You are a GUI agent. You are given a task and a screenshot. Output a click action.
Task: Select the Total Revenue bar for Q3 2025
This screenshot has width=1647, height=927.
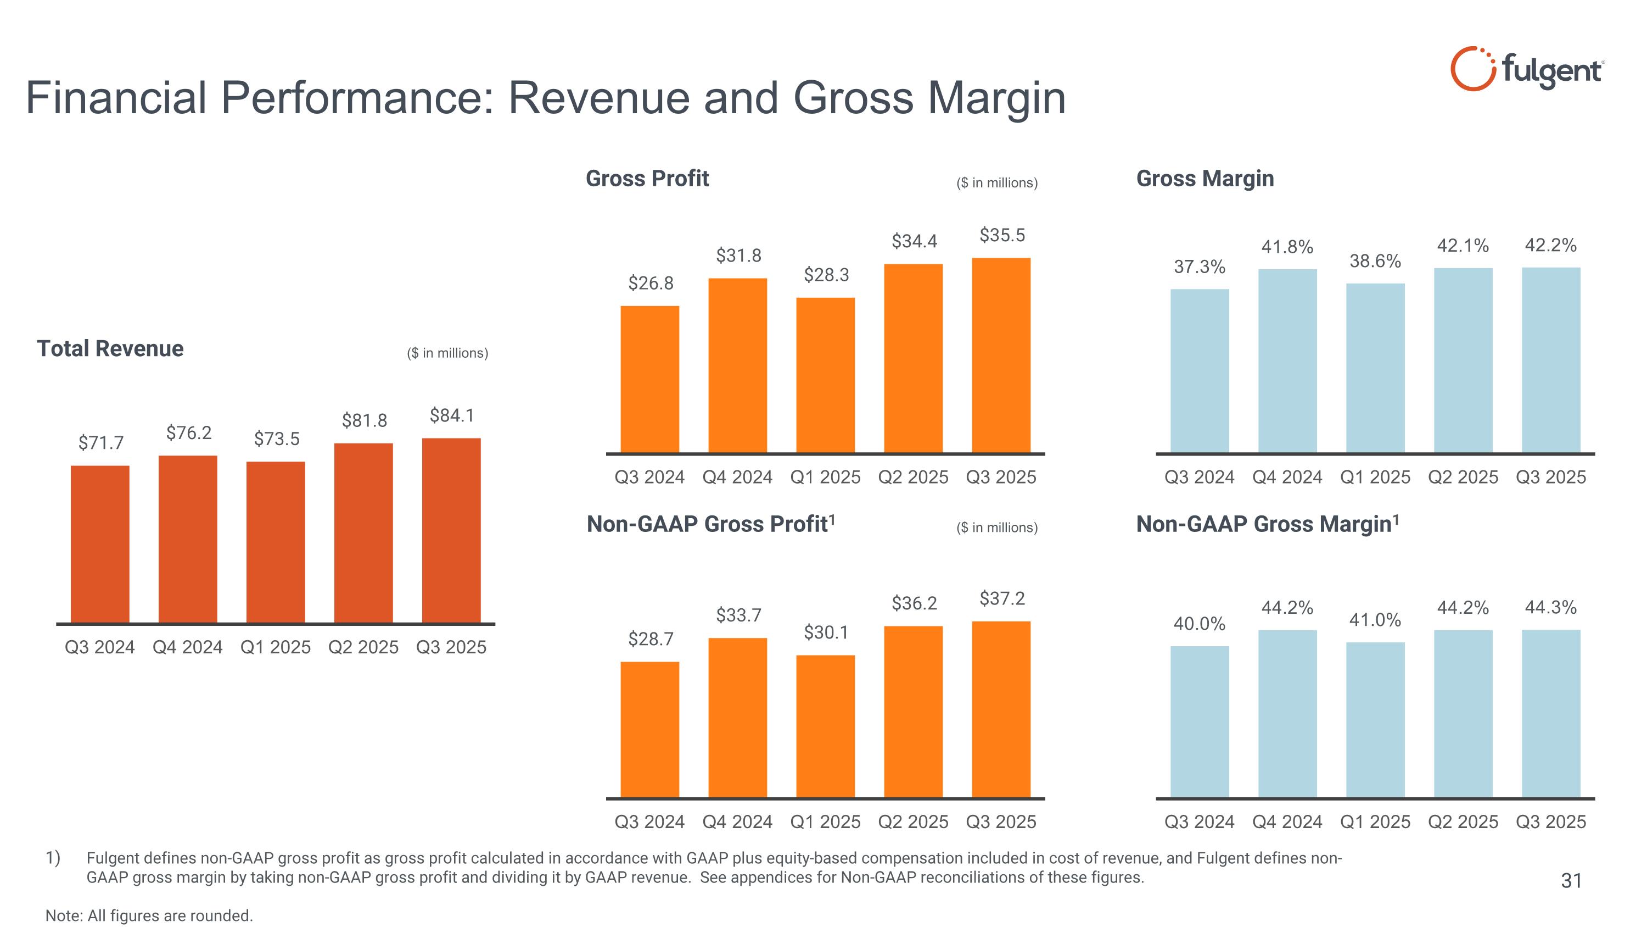451,530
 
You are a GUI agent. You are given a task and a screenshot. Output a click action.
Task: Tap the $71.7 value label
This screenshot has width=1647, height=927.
101,443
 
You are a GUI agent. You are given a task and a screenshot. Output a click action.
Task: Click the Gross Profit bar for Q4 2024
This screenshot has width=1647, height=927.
737,365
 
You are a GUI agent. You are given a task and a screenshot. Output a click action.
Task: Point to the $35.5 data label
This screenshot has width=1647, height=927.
1002,235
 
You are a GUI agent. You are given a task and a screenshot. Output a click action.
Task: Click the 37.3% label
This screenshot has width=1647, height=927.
1200,267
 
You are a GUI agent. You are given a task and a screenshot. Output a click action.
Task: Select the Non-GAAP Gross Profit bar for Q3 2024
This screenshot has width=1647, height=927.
649,729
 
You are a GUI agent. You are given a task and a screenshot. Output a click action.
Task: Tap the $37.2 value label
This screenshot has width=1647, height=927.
1002,599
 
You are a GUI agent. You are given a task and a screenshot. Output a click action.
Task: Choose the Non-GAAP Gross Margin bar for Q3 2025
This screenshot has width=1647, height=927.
1550,713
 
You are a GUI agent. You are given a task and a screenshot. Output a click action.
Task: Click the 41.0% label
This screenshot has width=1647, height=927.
1375,620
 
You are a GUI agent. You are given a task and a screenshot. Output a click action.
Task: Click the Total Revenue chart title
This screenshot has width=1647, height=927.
110,349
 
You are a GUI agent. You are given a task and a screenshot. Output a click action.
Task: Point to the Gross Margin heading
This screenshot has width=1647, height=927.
1205,179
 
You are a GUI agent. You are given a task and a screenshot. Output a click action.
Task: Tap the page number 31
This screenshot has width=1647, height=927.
1571,881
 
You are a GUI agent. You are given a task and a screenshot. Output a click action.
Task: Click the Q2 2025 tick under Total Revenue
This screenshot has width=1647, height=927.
363,647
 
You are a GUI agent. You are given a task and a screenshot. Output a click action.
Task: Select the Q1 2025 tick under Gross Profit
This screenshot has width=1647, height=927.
825,478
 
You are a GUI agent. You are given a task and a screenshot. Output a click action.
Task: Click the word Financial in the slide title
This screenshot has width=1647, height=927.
116,98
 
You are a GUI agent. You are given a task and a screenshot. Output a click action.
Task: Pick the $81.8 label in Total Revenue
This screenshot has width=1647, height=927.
365,420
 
